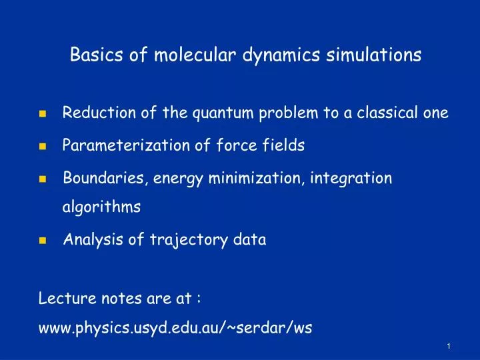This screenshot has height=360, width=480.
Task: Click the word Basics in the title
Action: click(93, 55)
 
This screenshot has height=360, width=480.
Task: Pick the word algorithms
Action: click(101, 207)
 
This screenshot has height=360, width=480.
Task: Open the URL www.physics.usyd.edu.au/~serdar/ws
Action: click(175, 329)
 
